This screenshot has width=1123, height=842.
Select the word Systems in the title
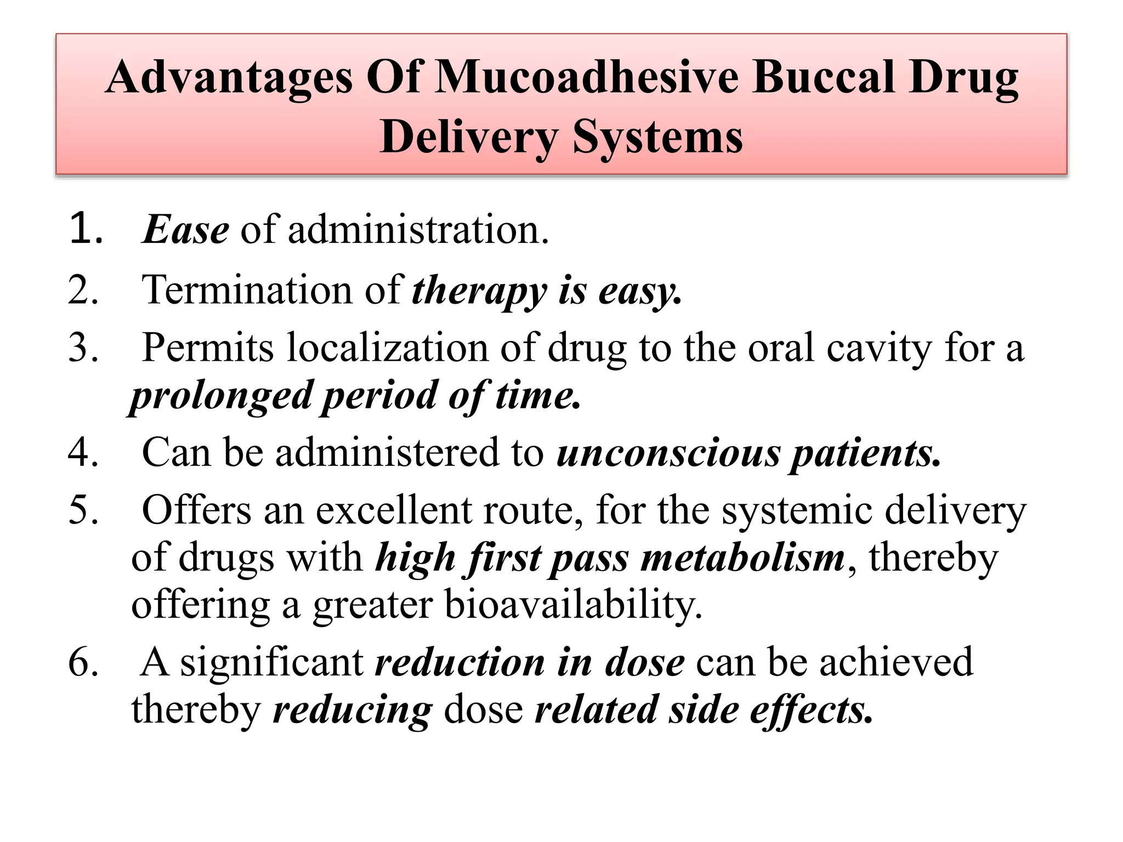[x=657, y=137]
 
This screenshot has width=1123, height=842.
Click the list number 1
[x=84, y=229]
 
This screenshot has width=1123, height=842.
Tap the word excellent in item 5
[x=393, y=510]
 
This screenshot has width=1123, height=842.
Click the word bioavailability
[x=572, y=605]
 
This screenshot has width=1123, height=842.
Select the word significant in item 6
[x=272, y=662]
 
